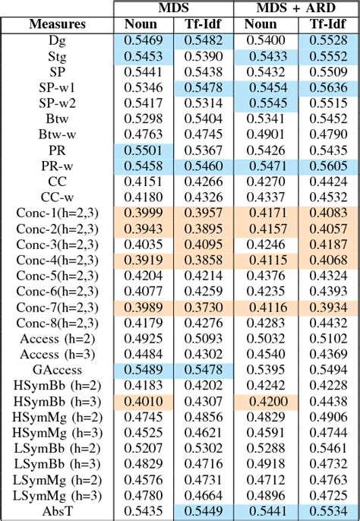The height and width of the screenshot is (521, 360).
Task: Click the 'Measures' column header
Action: (57, 24)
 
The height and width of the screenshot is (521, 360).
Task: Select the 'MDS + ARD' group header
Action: (295, 8)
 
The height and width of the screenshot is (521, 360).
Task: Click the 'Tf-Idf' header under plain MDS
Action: (203, 24)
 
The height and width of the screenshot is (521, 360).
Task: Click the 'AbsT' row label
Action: (57, 513)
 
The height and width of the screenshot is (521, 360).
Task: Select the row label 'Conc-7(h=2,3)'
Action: (57, 305)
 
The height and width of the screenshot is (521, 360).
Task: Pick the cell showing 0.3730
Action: (203, 305)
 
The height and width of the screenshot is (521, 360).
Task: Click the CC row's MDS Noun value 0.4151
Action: (144, 181)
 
